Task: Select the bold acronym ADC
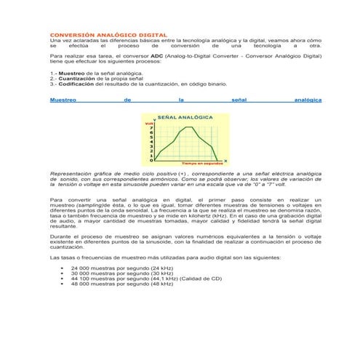coord(157,55)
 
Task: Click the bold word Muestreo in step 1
coord(71,73)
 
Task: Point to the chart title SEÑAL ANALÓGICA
coord(185,116)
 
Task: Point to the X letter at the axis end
coord(225,160)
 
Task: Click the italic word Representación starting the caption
coord(73,175)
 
